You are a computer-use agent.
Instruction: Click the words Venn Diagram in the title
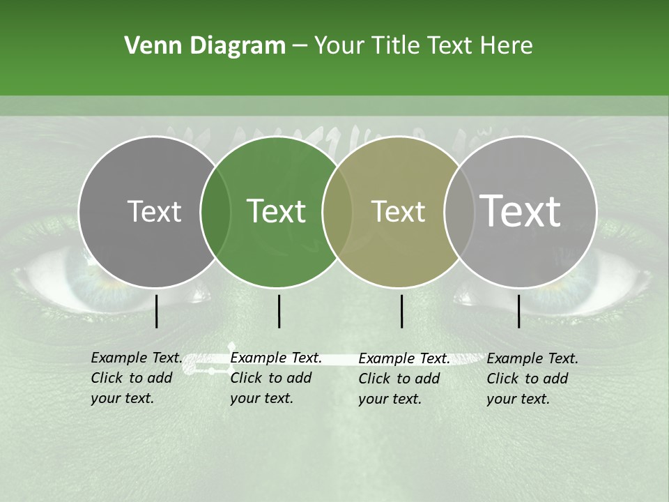[x=205, y=46]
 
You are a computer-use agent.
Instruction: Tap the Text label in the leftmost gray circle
[x=154, y=211]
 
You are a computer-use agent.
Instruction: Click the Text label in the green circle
[x=276, y=211]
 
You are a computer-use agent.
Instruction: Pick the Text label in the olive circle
[x=398, y=211]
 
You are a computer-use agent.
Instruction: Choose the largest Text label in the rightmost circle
[x=521, y=211]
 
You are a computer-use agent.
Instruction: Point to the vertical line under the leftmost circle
[x=157, y=311]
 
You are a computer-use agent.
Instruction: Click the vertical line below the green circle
[x=279, y=311]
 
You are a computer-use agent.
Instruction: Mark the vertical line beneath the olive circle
[x=401, y=311]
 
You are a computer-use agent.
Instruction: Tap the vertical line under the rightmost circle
[x=519, y=311]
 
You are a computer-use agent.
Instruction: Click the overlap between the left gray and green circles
[x=215, y=211]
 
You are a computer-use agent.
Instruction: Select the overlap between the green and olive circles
[x=337, y=211]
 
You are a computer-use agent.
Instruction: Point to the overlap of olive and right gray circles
[x=457, y=211]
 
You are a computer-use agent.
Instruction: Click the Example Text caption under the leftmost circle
[x=136, y=378]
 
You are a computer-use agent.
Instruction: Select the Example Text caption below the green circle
[x=275, y=378]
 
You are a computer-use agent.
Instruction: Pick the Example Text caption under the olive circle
[x=403, y=379]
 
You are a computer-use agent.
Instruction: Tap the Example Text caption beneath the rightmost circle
[x=532, y=379]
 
